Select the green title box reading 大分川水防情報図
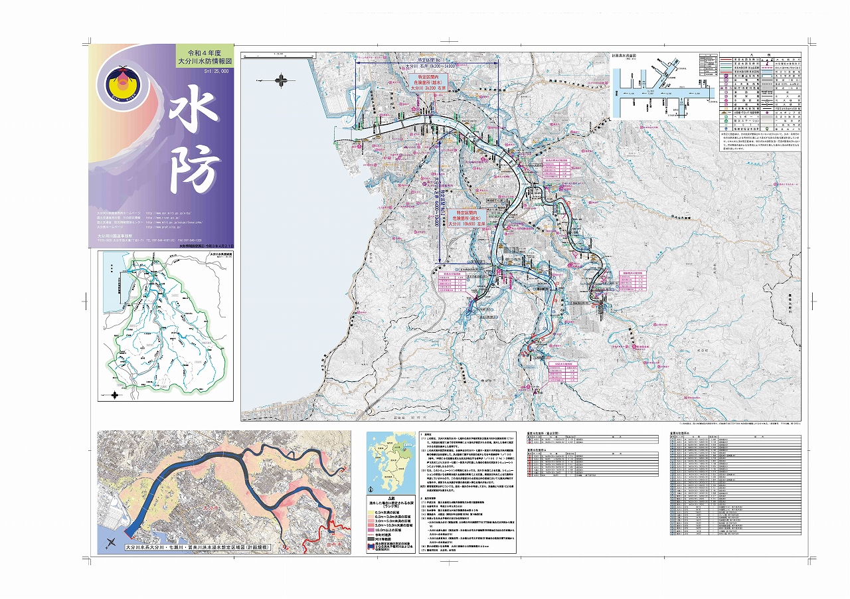point(204,56)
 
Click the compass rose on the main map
point(286,80)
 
